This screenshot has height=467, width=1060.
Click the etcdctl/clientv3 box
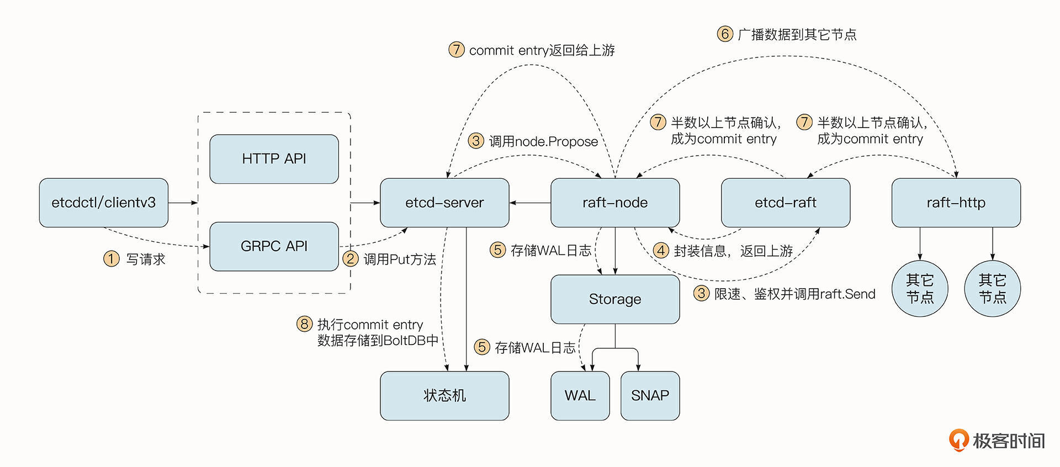point(104,203)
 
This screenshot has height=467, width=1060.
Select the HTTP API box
point(274,159)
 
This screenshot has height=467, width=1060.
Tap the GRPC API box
point(274,246)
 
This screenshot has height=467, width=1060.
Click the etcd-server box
point(444,203)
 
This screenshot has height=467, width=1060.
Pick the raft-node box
point(615,203)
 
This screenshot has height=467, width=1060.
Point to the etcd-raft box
point(786,203)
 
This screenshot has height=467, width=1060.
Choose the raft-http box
point(956,203)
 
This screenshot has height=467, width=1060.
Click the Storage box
point(615,299)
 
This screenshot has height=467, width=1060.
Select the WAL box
point(580,396)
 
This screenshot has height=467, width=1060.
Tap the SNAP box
point(650,396)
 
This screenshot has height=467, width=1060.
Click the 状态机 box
point(444,396)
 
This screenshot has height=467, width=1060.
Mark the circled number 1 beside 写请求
point(112,259)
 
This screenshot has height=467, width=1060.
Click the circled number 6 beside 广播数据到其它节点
point(725,34)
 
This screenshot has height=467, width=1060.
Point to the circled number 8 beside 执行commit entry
point(304,324)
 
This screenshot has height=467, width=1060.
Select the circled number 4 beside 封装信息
point(661,251)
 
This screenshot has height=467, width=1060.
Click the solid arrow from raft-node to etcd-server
point(530,203)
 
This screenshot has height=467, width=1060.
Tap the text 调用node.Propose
point(543,142)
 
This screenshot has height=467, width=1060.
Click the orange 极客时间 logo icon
point(958,440)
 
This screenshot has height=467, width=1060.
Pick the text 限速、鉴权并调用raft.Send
point(794,294)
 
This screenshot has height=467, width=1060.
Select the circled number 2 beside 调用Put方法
point(351,259)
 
